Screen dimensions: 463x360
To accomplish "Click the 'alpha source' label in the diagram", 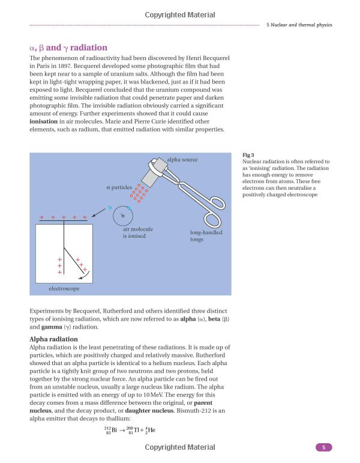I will [x=182, y=160].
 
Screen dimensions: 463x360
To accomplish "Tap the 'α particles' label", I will [x=118, y=188].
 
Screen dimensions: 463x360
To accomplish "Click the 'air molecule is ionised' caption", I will [x=137, y=232].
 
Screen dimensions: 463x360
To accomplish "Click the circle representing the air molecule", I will [x=123, y=215].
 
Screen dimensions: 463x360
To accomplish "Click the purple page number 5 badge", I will [x=323, y=447].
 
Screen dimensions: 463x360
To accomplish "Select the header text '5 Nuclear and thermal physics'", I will [x=298, y=25].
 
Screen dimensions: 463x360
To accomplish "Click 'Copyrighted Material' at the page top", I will [x=179, y=14].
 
